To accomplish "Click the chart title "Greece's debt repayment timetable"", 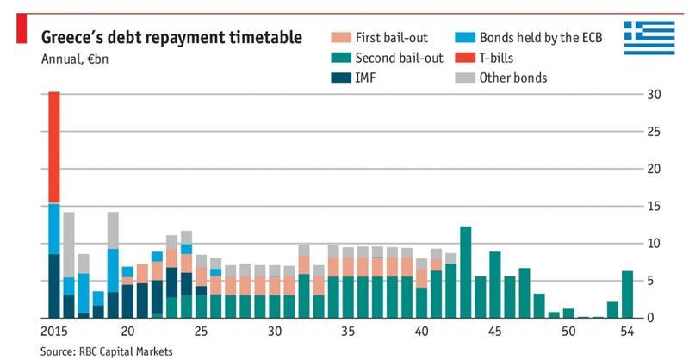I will (x=171, y=38).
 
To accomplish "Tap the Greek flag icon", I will (x=649, y=38).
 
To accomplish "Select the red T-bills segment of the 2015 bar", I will (x=54, y=146).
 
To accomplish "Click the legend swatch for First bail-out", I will (x=341, y=38).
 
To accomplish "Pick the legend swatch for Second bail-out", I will (x=341, y=59).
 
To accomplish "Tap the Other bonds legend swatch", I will (x=465, y=78).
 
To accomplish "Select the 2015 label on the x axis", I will (x=54, y=332).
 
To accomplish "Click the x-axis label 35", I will (x=348, y=332).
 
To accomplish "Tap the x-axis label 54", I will (x=628, y=332).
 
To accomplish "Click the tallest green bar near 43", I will (x=465, y=272).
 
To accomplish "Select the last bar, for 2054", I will (x=627, y=295).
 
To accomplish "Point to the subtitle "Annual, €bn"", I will (x=75, y=59).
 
